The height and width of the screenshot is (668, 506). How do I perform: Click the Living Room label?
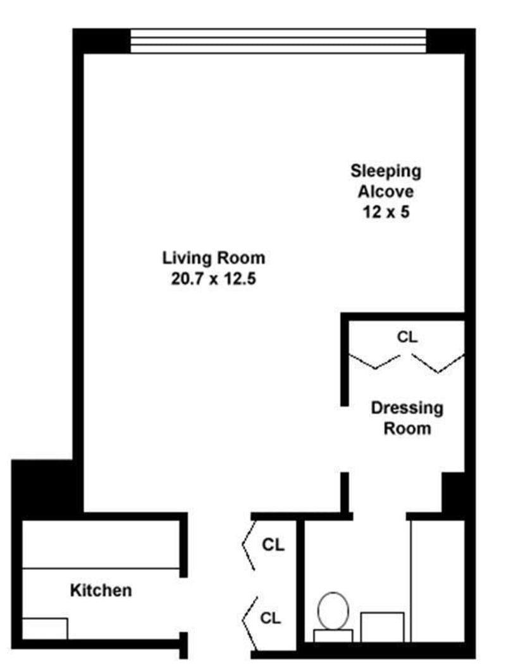[x=214, y=258]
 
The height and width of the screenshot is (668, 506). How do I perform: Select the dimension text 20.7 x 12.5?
[x=214, y=279]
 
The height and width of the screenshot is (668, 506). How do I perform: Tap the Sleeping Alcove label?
[x=386, y=181]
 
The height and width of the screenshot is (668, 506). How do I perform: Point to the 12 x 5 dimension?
[x=386, y=211]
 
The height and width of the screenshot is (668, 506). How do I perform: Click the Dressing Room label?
[x=407, y=418]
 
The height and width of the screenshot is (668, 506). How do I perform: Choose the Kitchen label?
[x=101, y=591]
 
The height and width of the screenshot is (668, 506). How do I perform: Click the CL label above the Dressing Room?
[x=407, y=337]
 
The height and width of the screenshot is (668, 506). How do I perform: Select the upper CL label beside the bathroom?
[x=273, y=545]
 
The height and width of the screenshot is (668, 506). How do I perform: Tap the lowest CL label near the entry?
[x=270, y=618]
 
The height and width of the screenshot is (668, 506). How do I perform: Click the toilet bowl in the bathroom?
[x=333, y=611]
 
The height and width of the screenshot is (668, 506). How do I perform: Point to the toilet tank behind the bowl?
[x=333, y=636]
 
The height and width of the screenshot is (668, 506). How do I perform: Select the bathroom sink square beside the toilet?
[x=382, y=627]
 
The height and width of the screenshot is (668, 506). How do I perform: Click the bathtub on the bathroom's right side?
[x=437, y=581]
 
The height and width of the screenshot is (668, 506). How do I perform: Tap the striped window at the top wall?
[x=278, y=41]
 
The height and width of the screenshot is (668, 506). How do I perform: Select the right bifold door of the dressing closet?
[x=439, y=363]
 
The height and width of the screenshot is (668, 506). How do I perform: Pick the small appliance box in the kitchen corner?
[x=45, y=629]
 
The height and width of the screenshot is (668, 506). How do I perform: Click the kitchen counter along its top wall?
[x=101, y=544]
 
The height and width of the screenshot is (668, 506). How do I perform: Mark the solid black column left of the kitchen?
[x=47, y=489]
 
